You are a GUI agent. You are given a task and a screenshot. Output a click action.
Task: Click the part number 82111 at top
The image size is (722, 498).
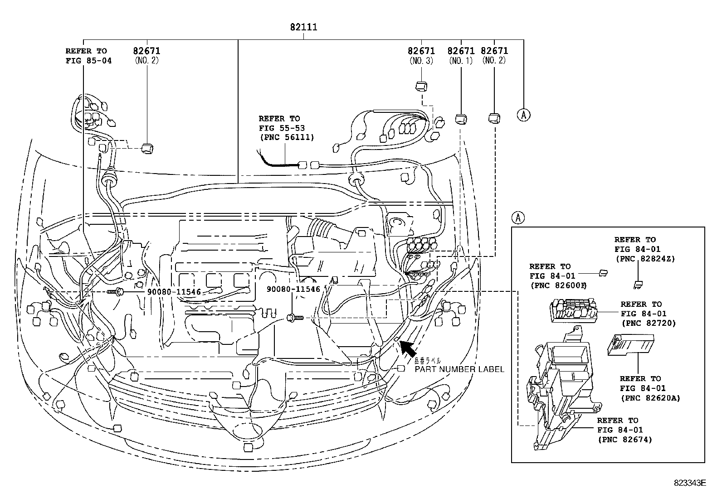click(x=303, y=27)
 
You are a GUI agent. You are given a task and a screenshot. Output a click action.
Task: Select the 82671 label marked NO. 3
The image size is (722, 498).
click(x=421, y=51)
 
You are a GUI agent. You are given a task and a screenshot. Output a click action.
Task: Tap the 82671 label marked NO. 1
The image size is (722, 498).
click(x=461, y=51)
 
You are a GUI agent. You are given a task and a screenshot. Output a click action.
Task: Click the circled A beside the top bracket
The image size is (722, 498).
click(x=523, y=115)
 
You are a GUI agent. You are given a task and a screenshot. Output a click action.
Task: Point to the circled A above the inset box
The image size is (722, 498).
click(x=518, y=218)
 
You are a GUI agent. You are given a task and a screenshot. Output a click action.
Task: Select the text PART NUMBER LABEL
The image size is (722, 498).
click(x=459, y=369)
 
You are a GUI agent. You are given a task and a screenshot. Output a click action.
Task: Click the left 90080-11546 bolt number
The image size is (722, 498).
click(x=174, y=292)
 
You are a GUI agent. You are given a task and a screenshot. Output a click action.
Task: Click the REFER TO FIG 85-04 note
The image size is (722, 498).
click(x=88, y=56)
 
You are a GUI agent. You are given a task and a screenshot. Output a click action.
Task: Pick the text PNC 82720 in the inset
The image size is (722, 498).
click(x=648, y=323)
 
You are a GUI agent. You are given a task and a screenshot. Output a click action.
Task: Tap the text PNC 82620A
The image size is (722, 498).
click(x=650, y=398)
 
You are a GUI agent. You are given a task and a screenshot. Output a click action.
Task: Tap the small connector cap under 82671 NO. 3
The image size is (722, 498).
click(x=422, y=86)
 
